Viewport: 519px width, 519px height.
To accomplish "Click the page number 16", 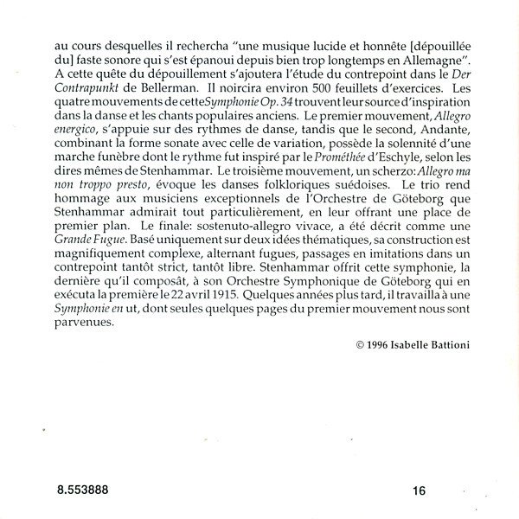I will pos(418,491).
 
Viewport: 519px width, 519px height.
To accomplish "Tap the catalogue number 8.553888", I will pos(77,491).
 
